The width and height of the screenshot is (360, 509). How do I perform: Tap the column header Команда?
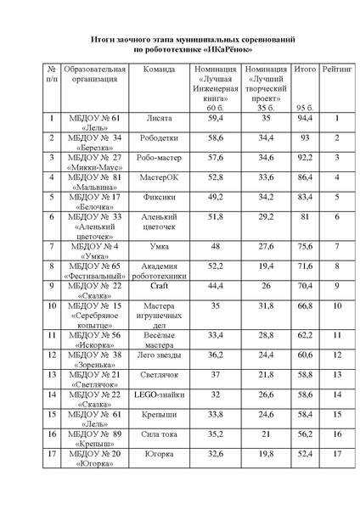click(x=159, y=68)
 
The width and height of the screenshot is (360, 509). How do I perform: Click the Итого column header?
click(x=303, y=68)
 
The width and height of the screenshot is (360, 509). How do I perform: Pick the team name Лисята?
click(x=159, y=119)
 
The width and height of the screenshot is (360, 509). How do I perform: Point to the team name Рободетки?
click(x=159, y=137)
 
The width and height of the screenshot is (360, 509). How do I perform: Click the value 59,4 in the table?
click(x=215, y=119)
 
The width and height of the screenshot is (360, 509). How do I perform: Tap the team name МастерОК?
click(x=159, y=177)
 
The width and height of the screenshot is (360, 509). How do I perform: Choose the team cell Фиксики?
click(x=159, y=197)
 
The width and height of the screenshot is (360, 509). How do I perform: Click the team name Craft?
click(x=159, y=286)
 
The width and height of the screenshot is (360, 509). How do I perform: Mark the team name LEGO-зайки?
click(x=159, y=394)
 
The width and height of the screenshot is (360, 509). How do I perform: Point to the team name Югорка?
click(x=159, y=454)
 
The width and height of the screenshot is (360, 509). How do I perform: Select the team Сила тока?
click(x=159, y=433)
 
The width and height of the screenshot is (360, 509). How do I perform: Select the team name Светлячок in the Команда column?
click(x=159, y=374)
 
